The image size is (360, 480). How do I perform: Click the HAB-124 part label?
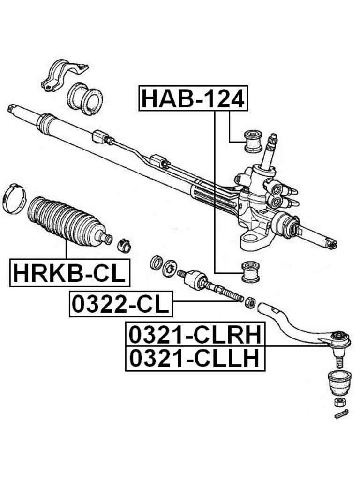click(x=193, y=98)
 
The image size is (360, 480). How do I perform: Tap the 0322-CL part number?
click(x=121, y=304)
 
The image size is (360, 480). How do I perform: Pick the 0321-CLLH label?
click(x=195, y=359)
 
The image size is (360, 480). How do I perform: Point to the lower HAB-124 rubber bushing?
click(x=250, y=271)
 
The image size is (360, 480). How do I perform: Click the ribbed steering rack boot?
click(x=64, y=220)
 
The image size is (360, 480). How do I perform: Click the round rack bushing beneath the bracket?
click(x=85, y=98)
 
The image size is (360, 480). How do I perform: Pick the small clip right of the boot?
click(x=124, y=244)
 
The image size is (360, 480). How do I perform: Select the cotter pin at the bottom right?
click(x=341, y=413)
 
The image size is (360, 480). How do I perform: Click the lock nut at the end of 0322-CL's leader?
click(x=250, y=302)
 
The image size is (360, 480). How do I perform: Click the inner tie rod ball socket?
click(x=193, y=280)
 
